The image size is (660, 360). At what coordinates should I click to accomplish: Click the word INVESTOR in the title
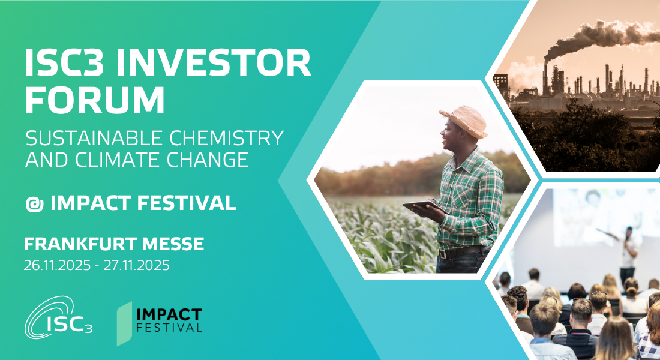pos(213,62)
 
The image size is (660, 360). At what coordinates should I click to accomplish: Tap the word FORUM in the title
pos(95,100)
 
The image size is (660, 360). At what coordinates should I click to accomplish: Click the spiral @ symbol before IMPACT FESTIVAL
pos(35,204)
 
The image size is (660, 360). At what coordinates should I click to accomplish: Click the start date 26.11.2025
pos(57,265)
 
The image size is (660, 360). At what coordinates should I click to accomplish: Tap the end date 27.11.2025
pos(137,265)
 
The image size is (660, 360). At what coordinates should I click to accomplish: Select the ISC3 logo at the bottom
pos(58,317)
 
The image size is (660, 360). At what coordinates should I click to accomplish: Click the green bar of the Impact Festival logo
pos(124,323)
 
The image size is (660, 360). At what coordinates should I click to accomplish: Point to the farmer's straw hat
pos(464,121)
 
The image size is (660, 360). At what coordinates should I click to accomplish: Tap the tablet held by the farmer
pos(424,206)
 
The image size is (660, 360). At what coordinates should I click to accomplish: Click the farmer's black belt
pos(462,252)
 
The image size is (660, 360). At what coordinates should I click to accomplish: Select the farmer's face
pos(449,136)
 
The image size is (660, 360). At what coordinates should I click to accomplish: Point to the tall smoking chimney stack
pos(545,79)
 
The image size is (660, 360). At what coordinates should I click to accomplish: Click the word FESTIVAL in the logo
pos(169,327)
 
